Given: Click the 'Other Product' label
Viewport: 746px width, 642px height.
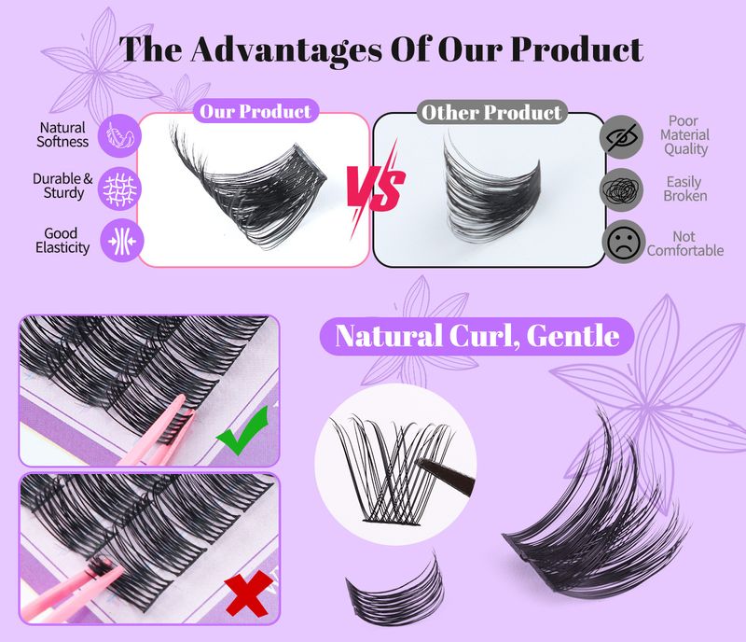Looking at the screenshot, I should click(x=491, y=113).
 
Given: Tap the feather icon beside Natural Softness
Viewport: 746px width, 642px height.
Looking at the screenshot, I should click(x=118, y=133).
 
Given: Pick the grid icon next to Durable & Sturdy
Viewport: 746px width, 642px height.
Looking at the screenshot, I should click(x=118, y=184).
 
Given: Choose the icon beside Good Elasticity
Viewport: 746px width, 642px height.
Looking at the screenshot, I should click(x=118, y=239).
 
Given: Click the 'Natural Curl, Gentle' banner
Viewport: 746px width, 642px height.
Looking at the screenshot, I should click(x=477, y=335).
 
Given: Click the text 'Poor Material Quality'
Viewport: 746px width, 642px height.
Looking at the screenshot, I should click(x=685, y=135).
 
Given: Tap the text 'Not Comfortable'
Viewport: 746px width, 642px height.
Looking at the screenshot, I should click(x=685, y=244).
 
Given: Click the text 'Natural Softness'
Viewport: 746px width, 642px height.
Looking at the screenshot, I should click(x=63, y=134).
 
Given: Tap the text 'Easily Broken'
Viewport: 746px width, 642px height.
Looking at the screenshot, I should click(x=686, y=188).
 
